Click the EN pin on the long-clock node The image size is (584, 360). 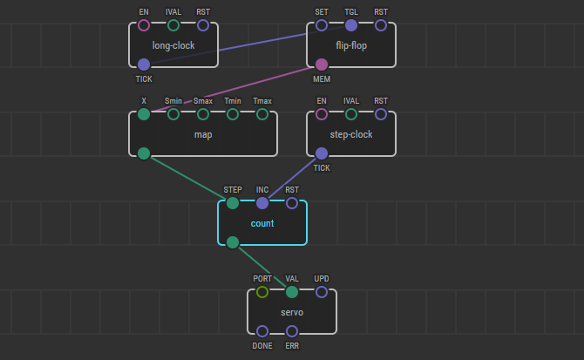point(144,25)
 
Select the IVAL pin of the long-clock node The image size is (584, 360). point(173,25)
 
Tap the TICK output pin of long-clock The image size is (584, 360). point(144,64)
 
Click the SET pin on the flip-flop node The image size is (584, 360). point(322,25)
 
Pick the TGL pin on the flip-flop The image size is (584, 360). point(351,25)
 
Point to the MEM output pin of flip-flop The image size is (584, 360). point(322,64)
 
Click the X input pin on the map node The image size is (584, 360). point(144,114)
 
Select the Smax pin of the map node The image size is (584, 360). point(203,114)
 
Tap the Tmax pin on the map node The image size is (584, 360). point(262,114)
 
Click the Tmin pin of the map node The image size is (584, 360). point(233,114)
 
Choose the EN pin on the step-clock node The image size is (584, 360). point(322,114)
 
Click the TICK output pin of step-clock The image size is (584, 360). point(322,153)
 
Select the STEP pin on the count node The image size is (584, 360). point(233,203)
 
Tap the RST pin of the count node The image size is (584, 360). point(292,203)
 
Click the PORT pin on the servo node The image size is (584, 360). point(262,292)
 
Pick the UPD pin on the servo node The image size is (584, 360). point(322,292)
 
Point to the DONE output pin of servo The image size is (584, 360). point(262,330)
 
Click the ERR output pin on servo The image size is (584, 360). point(292,330)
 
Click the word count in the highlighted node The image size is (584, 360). point(262,223)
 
